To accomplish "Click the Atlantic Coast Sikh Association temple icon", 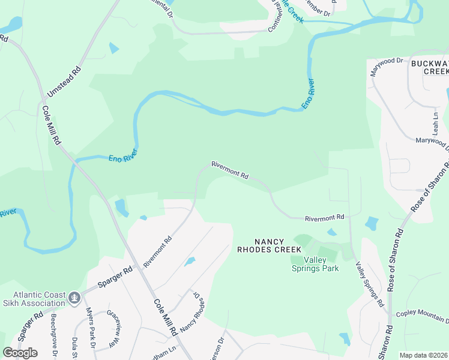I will (x=74, y=297).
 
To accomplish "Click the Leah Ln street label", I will (x=436, y=122).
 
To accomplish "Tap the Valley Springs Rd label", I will (x=369, y=285).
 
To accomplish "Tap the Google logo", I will (x=20, y=352).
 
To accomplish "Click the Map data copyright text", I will (x=423, y=355).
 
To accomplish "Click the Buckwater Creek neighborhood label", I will (x=429, y=67).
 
